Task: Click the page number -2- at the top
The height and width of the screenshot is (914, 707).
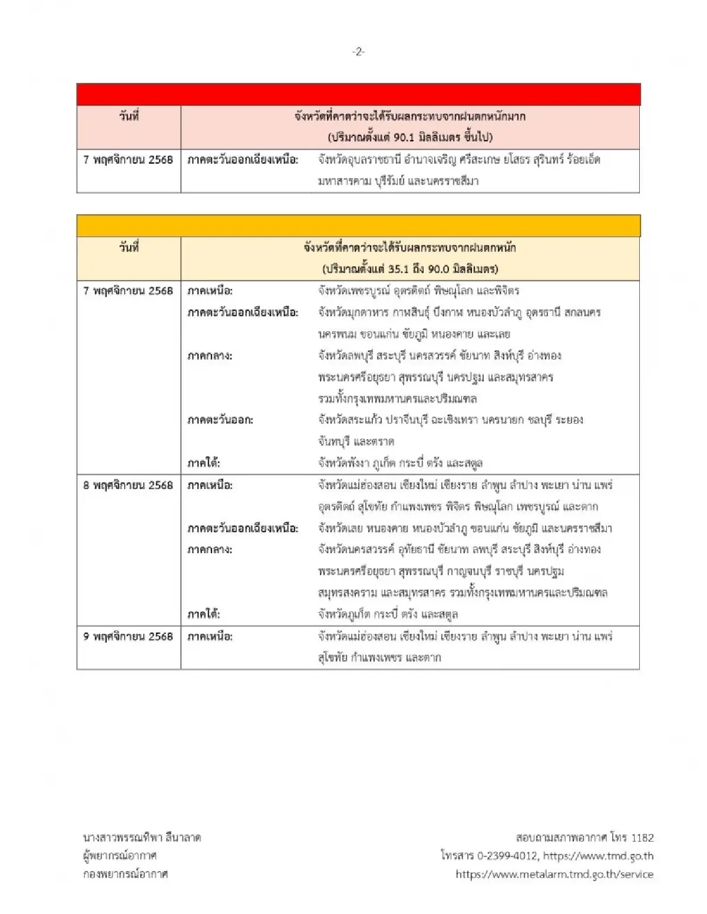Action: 358,52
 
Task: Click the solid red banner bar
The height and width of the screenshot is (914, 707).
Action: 358,94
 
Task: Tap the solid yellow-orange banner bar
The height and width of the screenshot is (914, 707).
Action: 358,226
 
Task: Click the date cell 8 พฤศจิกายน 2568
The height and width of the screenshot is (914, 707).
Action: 128,485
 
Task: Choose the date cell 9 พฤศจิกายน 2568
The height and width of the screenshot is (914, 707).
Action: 128,636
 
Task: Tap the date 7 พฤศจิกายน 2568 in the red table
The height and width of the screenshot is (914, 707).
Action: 128,159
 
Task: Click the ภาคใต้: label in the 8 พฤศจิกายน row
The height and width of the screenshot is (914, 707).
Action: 204,614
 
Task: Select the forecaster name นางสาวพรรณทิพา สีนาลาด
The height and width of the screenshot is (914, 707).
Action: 142,837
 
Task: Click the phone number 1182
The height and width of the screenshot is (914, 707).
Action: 642,837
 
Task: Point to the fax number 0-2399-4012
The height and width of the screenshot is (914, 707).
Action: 499,856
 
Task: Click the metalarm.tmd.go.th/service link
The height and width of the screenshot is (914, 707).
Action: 554,874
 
